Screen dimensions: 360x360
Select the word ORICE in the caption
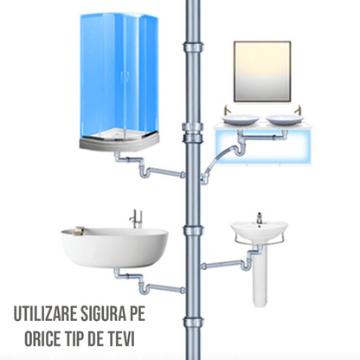pos(42,339)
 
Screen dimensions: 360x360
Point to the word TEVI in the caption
pos(121,339)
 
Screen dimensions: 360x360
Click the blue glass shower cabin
pos(119,75)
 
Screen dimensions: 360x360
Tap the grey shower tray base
pos(119,141)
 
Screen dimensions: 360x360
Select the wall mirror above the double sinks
pos(262,72)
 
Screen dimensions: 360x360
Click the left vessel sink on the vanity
pos(241,119)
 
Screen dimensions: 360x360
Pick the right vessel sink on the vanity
pos(285,119)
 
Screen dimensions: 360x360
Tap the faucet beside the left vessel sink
pos(227,110)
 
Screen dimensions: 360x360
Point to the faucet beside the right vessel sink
pos(298,110)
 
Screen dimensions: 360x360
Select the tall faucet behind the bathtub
pos(136,219)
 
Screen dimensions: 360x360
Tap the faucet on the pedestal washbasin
pos(260,218)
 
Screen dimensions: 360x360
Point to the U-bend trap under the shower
pos(144,173)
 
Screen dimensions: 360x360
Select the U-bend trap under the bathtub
pos(144,289)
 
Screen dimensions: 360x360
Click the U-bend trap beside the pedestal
pos(245,265)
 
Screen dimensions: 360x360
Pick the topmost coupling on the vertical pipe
pos(193,47)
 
